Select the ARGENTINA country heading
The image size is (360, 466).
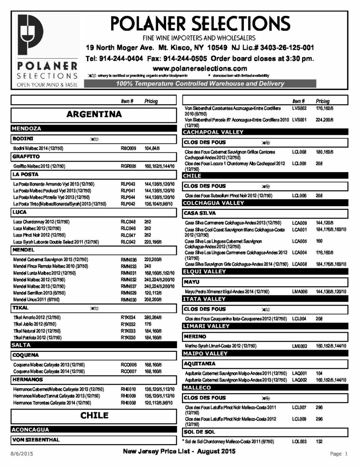(x=94, y=114)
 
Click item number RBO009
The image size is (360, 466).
(x=128, y=148)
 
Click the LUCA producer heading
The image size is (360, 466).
(x=20, y=212)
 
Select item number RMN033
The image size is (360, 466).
(x=128, y=266)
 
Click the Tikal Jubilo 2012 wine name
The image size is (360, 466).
(x=36, y=324)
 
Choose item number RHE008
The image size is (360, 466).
(x=128, y=403)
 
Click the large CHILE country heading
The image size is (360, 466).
(x=94, y=415)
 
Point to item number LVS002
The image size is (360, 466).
(x=300, y=108)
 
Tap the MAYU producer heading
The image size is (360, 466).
(x=191, y=282)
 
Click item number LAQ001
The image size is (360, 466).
(x=300, y=373)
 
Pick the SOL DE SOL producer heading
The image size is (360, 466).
(x=199, y=431)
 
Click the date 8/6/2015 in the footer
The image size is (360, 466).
(x=22, y=454)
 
